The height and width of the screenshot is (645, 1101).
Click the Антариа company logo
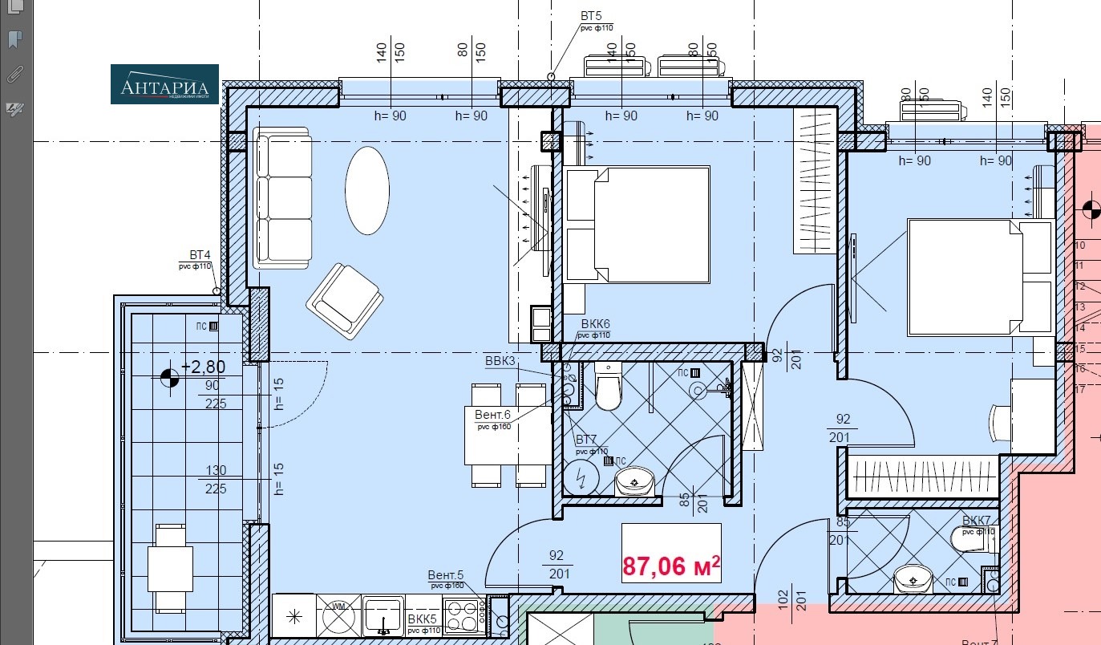[164, 84]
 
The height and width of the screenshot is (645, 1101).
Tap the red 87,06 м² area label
[671, 566]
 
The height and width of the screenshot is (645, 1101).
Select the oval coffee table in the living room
[367, 190]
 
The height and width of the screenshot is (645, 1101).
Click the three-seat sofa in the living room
[283, 198]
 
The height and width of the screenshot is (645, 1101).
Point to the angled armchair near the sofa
[344, 301]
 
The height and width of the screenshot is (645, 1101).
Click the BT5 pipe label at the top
[591, 16]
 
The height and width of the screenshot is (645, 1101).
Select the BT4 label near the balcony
[200, 254]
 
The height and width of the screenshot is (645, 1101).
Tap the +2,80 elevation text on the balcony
[203, 367]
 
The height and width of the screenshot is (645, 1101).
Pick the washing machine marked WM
[338, 616]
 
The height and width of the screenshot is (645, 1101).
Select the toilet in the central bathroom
[609, 387]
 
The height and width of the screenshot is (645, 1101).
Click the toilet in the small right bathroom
[971, 538]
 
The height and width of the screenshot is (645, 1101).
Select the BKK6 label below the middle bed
[595, 325]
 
